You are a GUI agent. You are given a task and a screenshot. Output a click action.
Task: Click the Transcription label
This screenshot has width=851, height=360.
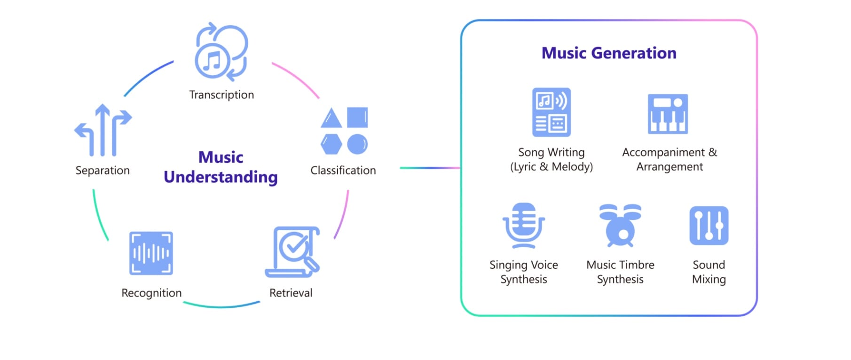(221, 95)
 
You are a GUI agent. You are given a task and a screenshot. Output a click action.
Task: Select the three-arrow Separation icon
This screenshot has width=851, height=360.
(103, 130)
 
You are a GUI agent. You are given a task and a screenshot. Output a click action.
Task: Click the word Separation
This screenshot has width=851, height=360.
(102, 171)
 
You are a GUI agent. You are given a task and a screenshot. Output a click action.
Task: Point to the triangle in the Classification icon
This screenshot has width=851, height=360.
(331, 119)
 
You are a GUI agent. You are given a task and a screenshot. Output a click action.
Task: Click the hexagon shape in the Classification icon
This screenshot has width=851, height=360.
(331, 144)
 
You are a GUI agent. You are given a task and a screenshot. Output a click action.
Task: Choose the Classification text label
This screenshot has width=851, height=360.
(343, 171)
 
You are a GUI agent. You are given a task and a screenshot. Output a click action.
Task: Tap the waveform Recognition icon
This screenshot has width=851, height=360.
(151, 253)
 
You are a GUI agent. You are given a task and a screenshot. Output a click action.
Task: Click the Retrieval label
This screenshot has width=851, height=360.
(291, 293)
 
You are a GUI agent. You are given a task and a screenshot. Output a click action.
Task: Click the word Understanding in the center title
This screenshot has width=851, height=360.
(221, 177)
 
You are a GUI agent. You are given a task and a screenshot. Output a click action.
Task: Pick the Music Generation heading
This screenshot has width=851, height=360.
(609, 53)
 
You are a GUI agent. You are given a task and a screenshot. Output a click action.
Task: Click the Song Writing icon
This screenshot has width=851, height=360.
(552, 112)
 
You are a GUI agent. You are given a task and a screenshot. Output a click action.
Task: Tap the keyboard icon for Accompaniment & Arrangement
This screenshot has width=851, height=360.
(668, 114)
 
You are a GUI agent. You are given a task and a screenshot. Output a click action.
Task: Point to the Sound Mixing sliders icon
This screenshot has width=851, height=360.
(709, 226)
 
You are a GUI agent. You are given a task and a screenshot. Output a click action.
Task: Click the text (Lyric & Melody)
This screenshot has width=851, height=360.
(552, 167)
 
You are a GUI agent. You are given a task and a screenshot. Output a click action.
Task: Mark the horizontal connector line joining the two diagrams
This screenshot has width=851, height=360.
(429, 168)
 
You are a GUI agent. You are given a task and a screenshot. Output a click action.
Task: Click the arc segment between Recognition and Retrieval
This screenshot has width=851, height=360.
(221, 307)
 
